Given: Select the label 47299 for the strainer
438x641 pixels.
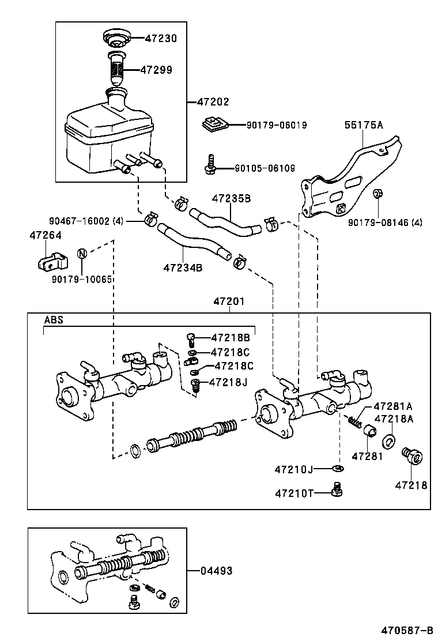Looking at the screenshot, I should click(157, 70).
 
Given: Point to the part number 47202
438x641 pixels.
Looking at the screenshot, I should click(213, 102).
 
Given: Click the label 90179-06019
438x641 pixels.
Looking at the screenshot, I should click(276, 125).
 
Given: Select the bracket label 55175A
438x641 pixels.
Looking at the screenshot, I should click(364, 124).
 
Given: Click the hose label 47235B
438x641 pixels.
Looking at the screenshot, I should click(231, 198).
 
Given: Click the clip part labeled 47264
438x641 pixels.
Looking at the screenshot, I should click(48, 261).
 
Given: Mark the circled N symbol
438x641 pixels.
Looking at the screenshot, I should click(82, 254).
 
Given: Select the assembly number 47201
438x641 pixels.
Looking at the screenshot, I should click(229, 301).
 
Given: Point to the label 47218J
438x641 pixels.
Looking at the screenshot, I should click(229, 382).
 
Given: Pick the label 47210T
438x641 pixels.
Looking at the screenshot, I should click(293, 493).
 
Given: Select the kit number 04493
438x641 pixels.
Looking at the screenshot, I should click(216, 571).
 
